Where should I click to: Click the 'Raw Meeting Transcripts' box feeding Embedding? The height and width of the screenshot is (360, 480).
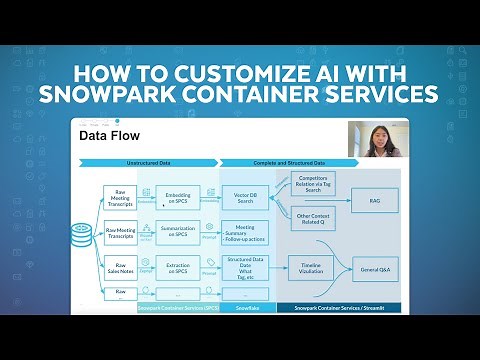[x=121, y=197]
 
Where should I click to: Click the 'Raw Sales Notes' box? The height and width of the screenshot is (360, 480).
[x=121, y=269]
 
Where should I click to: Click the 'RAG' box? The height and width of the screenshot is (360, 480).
[x=374, y=201]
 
